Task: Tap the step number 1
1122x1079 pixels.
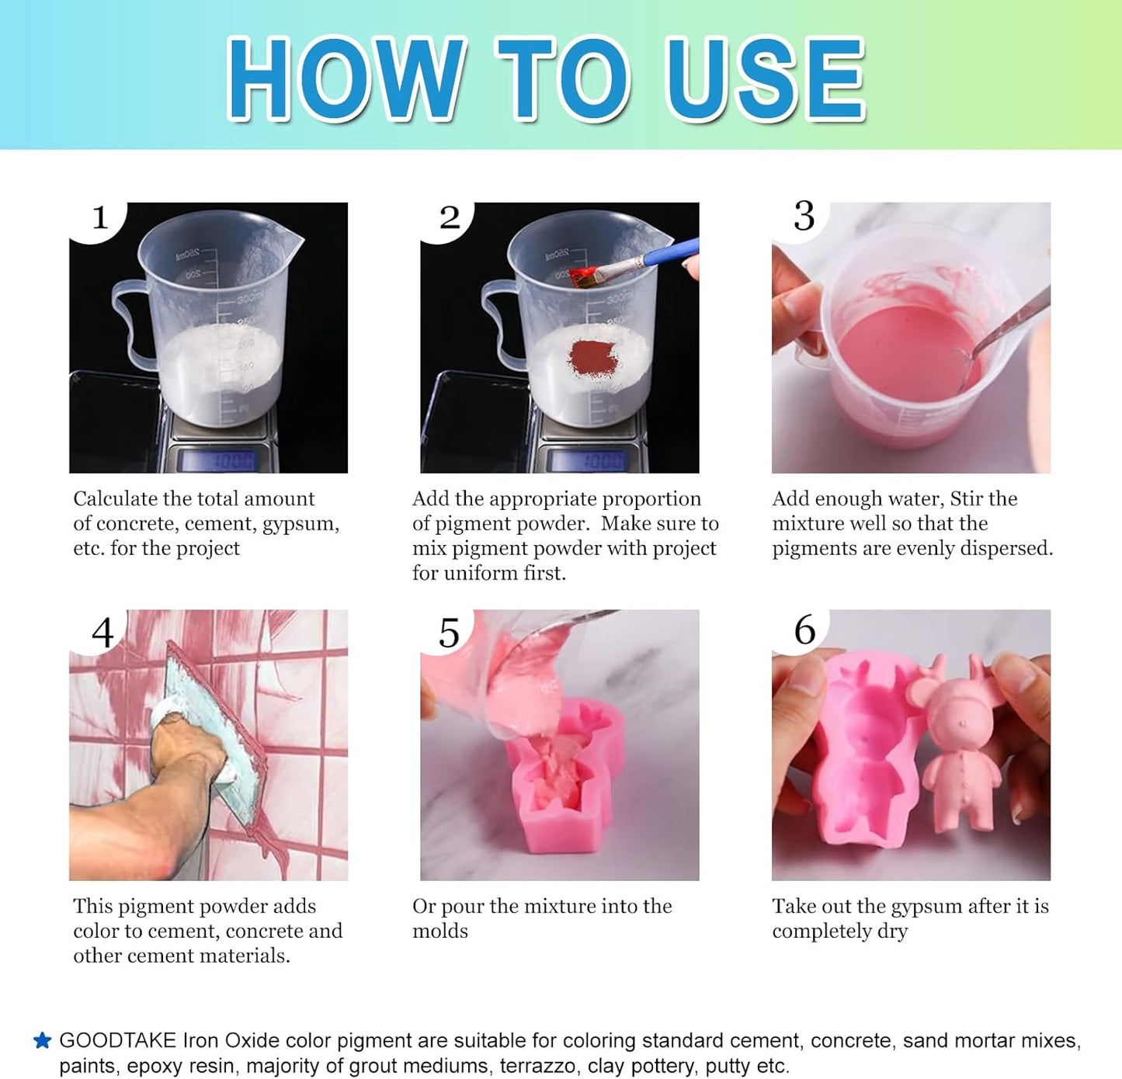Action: [99, 218]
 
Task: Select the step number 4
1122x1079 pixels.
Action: [102, 633]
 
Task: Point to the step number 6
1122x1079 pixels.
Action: [804, 630]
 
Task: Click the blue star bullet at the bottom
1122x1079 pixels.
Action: [42, 1041]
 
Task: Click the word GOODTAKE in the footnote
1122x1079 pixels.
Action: [117, 1041]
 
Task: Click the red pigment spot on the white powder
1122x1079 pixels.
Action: [592, 359]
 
